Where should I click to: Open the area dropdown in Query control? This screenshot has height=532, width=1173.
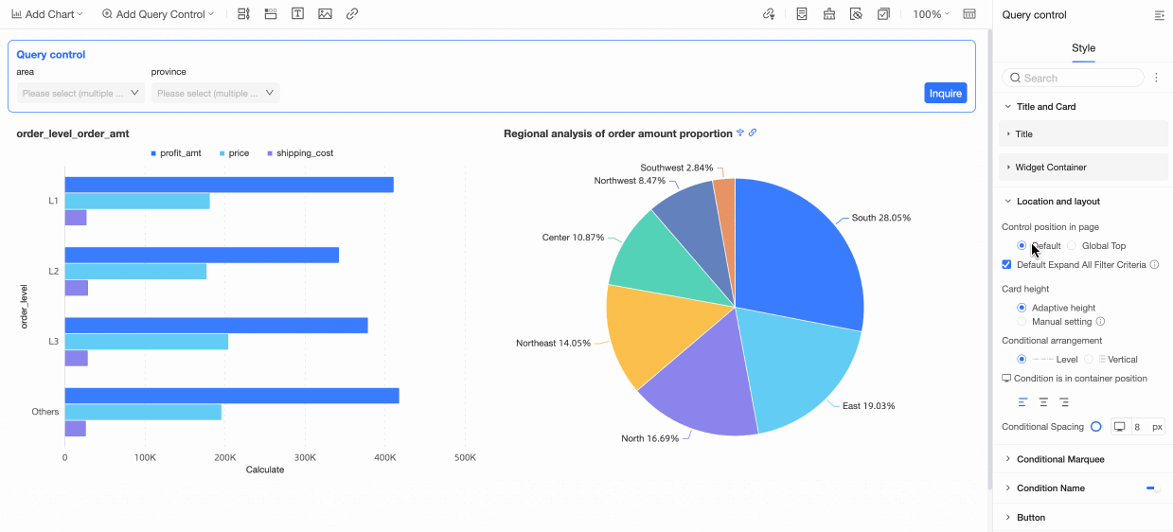80,93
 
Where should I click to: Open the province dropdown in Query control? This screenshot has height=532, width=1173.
215,93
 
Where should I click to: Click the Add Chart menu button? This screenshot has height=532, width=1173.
47,14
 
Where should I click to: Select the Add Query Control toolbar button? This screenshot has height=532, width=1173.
157,14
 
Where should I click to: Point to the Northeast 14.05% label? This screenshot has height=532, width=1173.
553,343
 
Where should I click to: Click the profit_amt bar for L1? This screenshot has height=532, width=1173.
228,185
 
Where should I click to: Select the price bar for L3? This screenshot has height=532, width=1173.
146,342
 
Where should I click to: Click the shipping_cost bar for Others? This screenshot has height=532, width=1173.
75,429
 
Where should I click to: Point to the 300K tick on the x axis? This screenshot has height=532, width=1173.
305,457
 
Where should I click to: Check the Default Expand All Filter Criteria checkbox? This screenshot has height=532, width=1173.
1007,265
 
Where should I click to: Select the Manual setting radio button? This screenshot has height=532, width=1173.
1022,322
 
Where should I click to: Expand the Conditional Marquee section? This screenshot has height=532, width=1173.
1059,459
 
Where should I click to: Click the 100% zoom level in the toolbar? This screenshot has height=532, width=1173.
931,14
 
